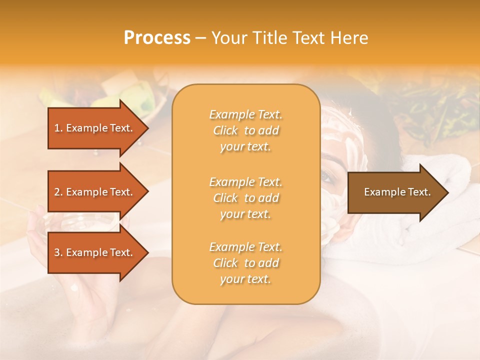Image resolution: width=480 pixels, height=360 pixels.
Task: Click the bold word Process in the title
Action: (x=157, y=38)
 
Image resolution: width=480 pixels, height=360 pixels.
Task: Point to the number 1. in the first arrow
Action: (x=58, y=128)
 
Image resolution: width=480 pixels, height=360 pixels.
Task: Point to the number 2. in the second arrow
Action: (x=58, y=192)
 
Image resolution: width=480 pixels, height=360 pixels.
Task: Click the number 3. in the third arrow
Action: (x=58, y=252)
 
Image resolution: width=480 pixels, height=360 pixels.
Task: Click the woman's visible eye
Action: (x=326, y=176)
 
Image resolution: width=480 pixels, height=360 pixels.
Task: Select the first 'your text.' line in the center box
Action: (x=245, y=147)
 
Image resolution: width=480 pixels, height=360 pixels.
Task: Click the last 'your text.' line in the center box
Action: (x=245, y=279)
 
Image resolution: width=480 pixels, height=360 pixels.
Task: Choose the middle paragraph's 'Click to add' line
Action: (x=245, y=198)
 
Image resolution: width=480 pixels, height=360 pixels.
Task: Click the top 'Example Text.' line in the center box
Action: (x=245, y=114)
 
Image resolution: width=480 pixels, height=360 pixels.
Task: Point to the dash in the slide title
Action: (x=200, y=38)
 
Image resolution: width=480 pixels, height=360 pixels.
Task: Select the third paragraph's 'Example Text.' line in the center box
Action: (x=245, y=247)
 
